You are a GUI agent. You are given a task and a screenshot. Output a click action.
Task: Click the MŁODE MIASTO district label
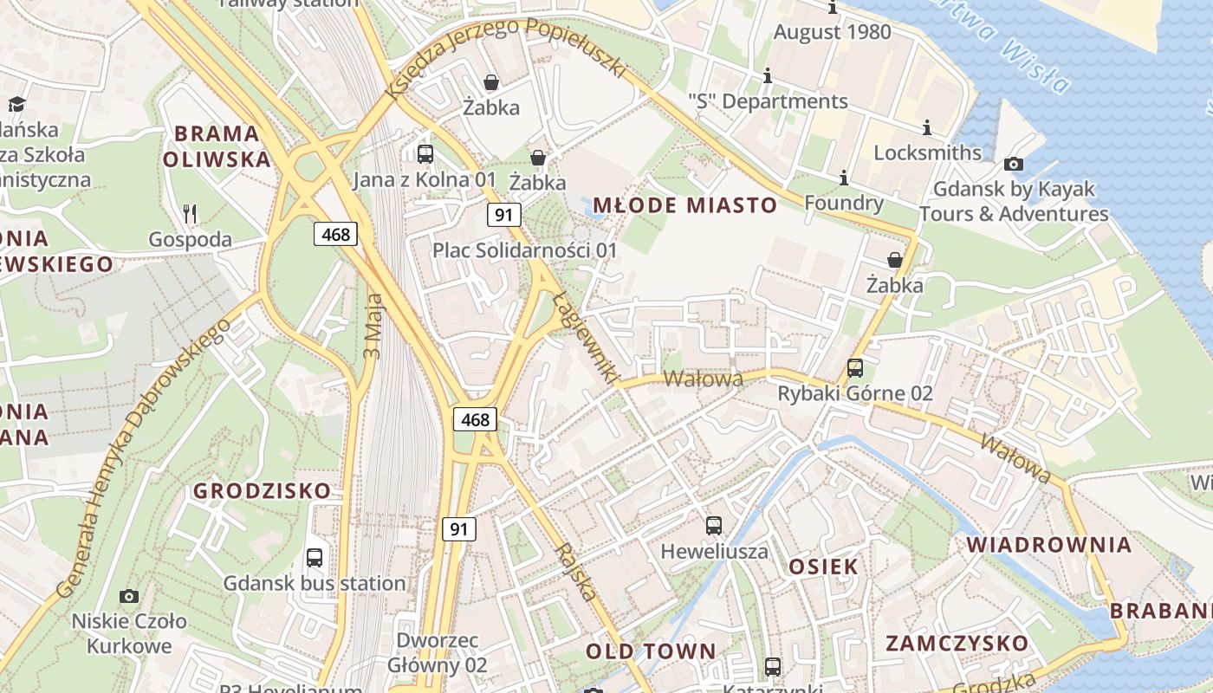pos(684,205)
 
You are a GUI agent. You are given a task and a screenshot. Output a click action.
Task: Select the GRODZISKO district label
pos(262,491)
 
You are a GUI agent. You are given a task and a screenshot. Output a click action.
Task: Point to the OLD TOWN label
pos(651,651)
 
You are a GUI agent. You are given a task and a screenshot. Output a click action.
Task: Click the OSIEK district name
pos(823,567)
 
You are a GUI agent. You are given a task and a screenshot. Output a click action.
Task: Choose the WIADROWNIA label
pos(1048,545)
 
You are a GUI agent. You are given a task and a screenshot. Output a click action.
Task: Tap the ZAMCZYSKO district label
pos(957,644)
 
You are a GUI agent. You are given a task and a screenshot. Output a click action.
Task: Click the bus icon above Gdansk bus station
pos(315,558)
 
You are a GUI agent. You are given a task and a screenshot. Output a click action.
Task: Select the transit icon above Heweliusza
pos(714,526)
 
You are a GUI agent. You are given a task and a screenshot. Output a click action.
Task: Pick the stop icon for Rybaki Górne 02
pos(855,368)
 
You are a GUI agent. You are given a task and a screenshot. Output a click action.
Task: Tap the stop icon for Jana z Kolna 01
pos(425,154)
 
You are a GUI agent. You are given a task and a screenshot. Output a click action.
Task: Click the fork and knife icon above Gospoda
pos(191,213)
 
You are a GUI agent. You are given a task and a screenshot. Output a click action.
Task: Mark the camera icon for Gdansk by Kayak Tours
pos(1013,164)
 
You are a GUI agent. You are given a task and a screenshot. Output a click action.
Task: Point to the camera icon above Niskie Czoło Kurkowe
pos(129,596)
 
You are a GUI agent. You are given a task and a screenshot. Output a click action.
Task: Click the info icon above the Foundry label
pos(844,178)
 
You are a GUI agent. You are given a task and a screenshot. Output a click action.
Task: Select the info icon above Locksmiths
pos(927,128)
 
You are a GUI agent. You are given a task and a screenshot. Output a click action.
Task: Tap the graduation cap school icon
pos(16,105)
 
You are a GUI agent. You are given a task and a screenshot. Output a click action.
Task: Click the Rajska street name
pos(576,572)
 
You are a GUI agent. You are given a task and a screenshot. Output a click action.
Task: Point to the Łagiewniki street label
pos(586,339)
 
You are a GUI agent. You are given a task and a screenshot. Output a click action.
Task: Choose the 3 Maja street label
pos(373,326)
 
